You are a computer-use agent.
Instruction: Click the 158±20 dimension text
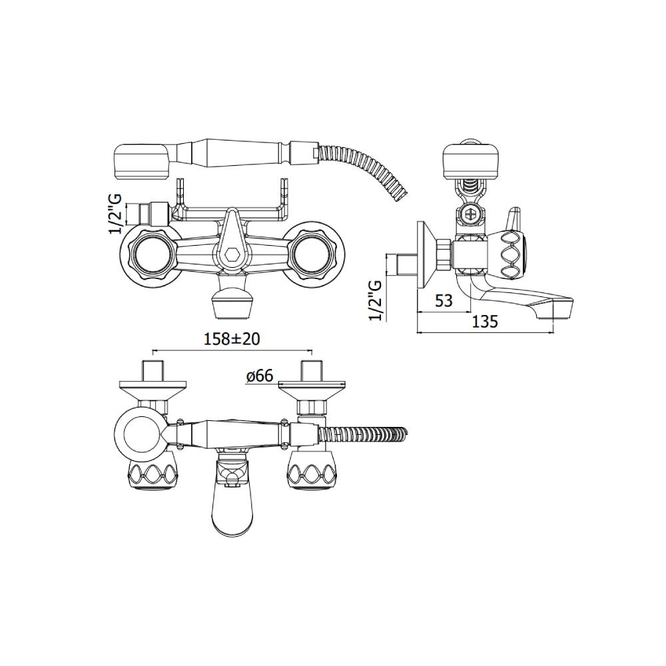[x=232, y=339]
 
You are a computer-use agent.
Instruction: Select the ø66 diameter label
[x=259, y=376]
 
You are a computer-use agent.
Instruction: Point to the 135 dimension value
[x=485, y=322]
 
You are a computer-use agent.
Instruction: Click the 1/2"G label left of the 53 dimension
[x=376, y=299]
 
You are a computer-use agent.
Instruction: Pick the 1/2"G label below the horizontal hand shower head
[x=115, y=214]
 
